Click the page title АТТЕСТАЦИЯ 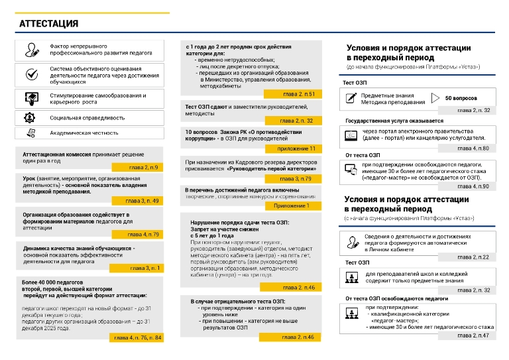coord(49,24)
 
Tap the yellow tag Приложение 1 coord(291,206)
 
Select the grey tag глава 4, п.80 coord(473,148)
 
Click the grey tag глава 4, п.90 coord(473,186)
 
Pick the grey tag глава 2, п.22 coord(473,257)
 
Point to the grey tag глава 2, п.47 coord(473,335)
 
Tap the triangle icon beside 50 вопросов coord(435,97)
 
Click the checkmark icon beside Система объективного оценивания coord(30,74)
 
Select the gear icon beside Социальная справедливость coord(30,117)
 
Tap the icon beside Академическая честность coord(30,133)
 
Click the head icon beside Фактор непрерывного coord(30,50)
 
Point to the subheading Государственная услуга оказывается coord(394,121)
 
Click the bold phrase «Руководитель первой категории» coord(270,169)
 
